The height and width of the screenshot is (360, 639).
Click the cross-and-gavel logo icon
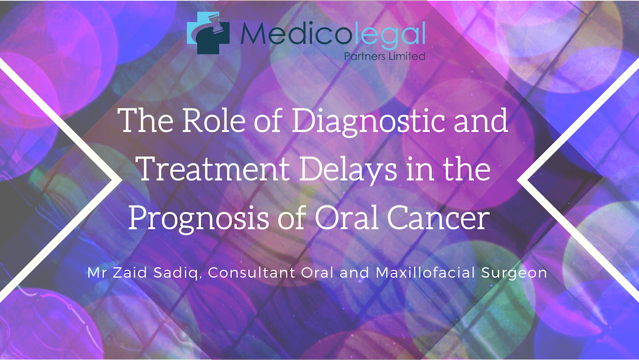[208, 33]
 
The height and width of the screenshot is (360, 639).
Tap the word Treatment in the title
[213, 169]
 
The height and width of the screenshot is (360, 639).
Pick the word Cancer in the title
[438, 217]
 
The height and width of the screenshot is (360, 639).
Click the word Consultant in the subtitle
[251, 272]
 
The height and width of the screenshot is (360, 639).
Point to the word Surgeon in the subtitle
[514, 274]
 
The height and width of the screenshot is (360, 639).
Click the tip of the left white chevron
[121, 180]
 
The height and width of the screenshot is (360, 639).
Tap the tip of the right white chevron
[518, 180]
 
